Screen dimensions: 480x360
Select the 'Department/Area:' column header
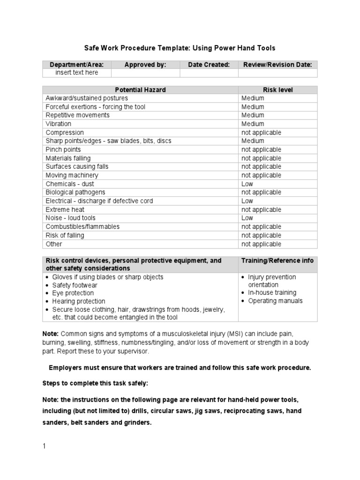click(77, 65)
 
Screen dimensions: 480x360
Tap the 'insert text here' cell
click(77, 73)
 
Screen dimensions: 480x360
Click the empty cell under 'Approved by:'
click(145, 73)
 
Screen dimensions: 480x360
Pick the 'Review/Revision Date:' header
click(277, 65)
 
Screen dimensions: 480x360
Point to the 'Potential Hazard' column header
click(140, 90)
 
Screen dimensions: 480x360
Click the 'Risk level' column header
click(277, 90)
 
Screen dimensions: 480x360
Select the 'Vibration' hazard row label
click(59, 124)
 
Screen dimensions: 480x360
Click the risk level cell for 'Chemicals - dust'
click(247, 184)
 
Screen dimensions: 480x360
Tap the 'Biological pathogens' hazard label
click(75, 192)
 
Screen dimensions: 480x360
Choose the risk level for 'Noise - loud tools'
click(247, 218)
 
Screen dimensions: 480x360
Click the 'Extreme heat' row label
click(65, 210)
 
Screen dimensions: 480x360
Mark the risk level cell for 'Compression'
click(261, 133)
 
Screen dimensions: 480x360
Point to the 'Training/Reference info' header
click(277, 261)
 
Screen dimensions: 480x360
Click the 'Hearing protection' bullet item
click(78, 301)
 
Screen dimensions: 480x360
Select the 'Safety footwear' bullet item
click(75, 285)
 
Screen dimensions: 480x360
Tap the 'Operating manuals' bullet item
click(275, 301)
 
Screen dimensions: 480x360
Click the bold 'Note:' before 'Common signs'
click(51, 334)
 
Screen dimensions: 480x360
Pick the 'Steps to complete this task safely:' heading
click(95, 383)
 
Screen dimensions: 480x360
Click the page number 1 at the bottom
click(44, 446)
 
